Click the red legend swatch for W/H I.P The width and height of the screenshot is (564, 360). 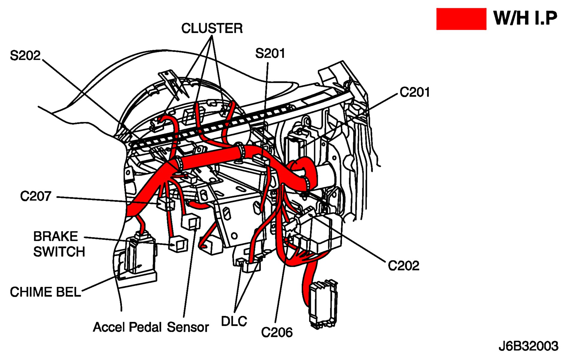click(461, 19)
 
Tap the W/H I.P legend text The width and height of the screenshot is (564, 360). click(525, 18)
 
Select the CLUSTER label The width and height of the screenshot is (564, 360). click(212, 28)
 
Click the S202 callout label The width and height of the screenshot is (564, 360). click(25, 56)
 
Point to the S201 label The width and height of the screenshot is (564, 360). click(270, 54)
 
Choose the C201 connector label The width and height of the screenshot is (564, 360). click(415, 92)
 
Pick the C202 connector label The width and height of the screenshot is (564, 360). click(403, 265)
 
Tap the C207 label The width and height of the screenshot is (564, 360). click(36, 196)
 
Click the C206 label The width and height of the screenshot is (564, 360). click(277, 332)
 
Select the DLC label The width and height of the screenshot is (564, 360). click(234, 321)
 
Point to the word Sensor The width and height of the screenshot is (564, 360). click(188, 327)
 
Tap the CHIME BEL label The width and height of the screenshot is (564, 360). click(46, 292)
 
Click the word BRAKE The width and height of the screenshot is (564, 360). click(56, 236)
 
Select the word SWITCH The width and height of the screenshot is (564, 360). click(59, 252)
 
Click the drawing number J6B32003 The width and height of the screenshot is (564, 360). click(528, 346)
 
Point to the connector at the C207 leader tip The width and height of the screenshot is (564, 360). click(166, 204)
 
